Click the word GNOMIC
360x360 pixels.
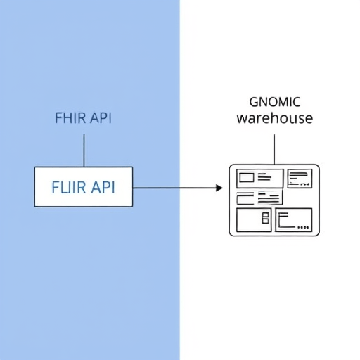tap(275, 102)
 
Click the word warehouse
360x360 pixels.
tap(275, 118)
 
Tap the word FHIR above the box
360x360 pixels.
tap(70, 117)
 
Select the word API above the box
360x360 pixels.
tap(101, 117)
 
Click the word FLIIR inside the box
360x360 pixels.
tap(69, 187)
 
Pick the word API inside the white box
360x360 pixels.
tap(103, 187)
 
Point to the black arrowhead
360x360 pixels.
tap(219, 188)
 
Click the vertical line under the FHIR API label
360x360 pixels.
tap(84, 150)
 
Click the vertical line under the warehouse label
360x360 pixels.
tap(274, 150)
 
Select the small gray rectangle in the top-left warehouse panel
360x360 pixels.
tap(247, 178)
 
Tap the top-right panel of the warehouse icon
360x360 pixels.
tap(300, 179)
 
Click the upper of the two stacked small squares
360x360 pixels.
tap(265, 215)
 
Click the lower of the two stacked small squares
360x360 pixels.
tap(265, 221)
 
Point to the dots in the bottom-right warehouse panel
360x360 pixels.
tap(303, 227)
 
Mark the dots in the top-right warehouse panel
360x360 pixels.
tap(305, 185)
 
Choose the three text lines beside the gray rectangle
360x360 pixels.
tap(264, 176)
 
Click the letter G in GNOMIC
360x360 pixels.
tap(254, 102)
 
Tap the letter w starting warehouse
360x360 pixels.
tap(242, 119)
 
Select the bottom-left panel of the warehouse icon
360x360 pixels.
tap(254, 220)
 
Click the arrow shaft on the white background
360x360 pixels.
tap(198, 188)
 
